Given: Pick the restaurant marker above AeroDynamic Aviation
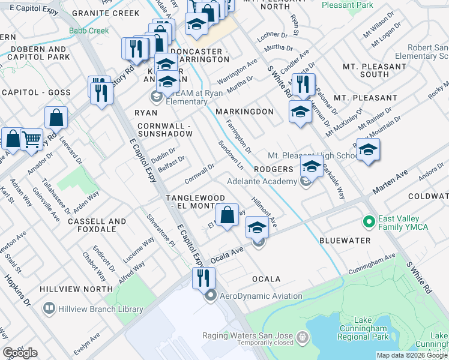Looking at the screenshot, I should click(203, 277).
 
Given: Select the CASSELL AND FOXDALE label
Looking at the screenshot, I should click(100, 225).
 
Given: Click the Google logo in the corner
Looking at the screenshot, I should click(19, 353).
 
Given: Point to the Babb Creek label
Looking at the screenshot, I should click(89, 31).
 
